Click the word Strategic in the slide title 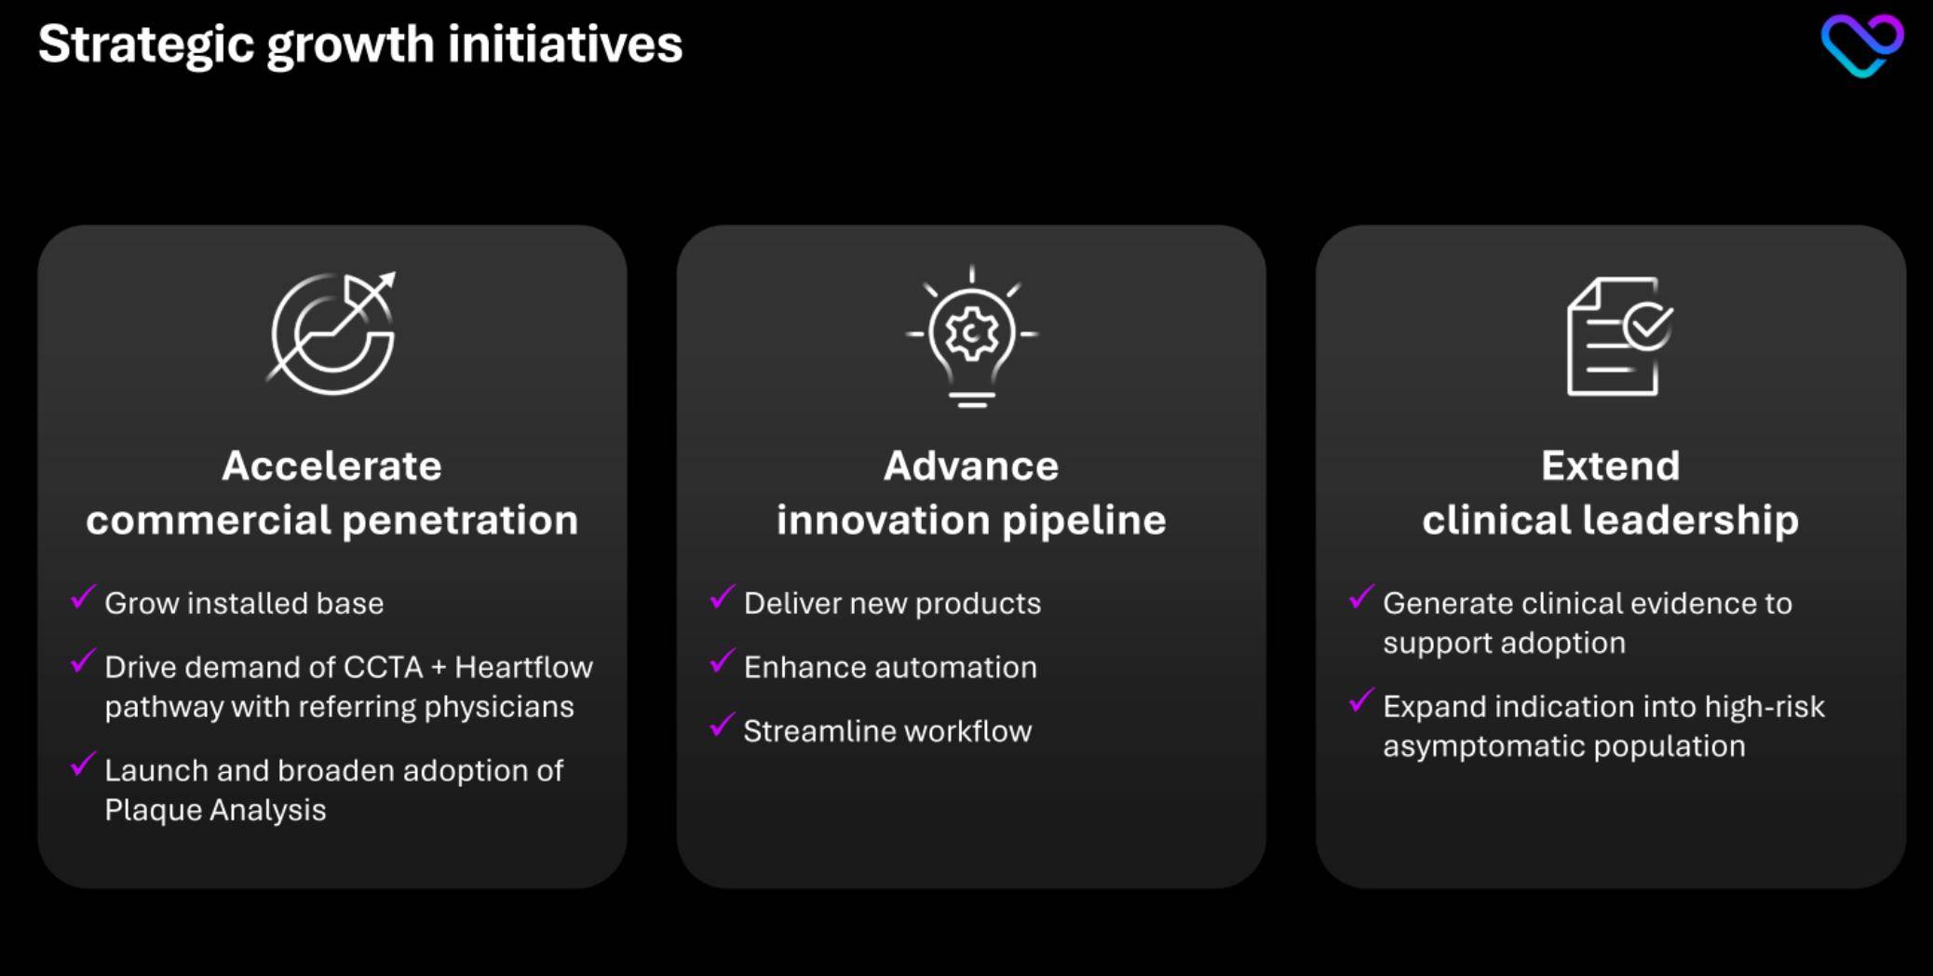click(x=146, y=46)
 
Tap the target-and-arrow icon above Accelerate click(x=332, y=332)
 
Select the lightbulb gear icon click(x=971, y=336)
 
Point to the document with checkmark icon click(x=1619, y=336)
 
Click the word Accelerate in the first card click(x=331, y=466)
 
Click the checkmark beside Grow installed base click(x=83, y=596)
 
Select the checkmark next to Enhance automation click(x=723, y=660)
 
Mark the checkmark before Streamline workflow click(x=723, y=725)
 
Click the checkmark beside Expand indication click(x=1361, y=699)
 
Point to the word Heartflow click(x=523, y=667)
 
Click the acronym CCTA click(x=383, y=667)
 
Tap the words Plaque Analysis click(x=215, y=810)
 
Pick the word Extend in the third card click(x=1610, y=466)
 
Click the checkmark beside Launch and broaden click(x=83, y=764)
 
